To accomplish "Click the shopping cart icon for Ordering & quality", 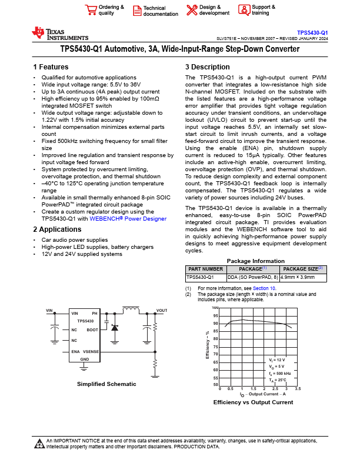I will pyautogui.click(x=91, y=9).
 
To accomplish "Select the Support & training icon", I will pyautogui.click(x=244, y=9).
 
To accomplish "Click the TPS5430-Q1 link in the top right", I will pyautogui.click(x=312, y=33).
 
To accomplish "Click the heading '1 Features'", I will pyautogui.click(x=51, y=67).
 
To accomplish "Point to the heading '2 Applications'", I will pyautogui.click(x=58, y=229).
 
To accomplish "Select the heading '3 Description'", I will pyautogui.click(x=207, y=67).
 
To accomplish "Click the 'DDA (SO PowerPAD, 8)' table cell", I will pyautogui.click(x=253, y=277).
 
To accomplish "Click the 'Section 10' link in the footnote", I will pyautogui.click(x=264, y=288).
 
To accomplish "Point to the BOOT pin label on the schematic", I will pyautogui.click(x=92, y=330).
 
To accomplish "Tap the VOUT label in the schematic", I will pyautogui.click(x=162, y=310).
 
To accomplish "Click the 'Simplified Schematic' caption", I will pyautogui.click(x=106, y=384).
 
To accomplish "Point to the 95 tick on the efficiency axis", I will pyautogui.click(x=215, y=316).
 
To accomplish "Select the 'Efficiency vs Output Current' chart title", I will pyautogui.click(x=253, y=402).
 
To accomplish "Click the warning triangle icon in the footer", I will pyautogui.click(x=39, y=442).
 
